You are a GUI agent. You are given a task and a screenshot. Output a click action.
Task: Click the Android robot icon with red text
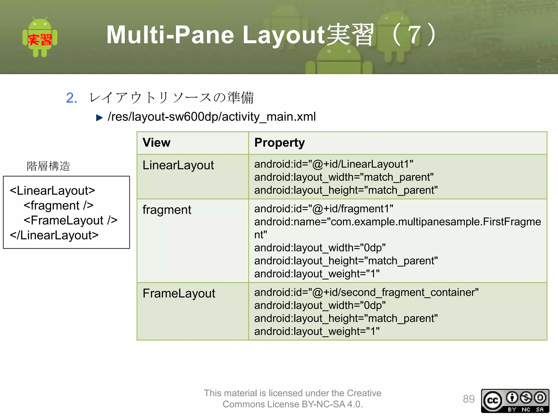(40, 38)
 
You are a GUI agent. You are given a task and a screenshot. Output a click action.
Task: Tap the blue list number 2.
(72, 98)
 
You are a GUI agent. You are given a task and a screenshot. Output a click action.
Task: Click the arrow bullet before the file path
(99, 118)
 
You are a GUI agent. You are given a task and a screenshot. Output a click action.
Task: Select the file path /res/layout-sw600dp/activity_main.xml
(212, 117)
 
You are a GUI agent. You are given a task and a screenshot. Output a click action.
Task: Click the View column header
(157, 143)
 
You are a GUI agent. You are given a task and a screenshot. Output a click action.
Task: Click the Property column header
(280, 143)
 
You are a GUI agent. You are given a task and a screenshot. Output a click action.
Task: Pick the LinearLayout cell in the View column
(178, 165)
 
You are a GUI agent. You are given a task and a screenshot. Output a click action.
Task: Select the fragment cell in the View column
(167, 210)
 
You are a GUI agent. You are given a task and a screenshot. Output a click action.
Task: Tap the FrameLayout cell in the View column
(179, 293)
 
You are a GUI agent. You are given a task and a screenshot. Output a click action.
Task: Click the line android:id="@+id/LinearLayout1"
(333, 164)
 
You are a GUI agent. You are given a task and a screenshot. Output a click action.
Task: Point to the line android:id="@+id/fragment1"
(324, 209)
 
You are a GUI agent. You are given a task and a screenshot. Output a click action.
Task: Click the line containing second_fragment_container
(366, 292)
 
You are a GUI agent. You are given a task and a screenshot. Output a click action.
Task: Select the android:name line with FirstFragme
(397, 222)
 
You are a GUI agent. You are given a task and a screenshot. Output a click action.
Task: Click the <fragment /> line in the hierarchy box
(59, 205)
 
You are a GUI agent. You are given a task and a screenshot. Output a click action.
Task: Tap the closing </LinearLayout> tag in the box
(54, 235)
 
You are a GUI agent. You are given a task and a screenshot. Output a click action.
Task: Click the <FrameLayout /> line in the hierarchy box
(71, 220)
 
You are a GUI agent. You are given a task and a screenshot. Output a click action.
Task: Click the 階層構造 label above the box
(48, 166)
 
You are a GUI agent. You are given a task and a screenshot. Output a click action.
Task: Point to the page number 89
(469, 399)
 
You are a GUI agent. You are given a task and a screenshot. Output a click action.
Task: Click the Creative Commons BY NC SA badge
(515, 401)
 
